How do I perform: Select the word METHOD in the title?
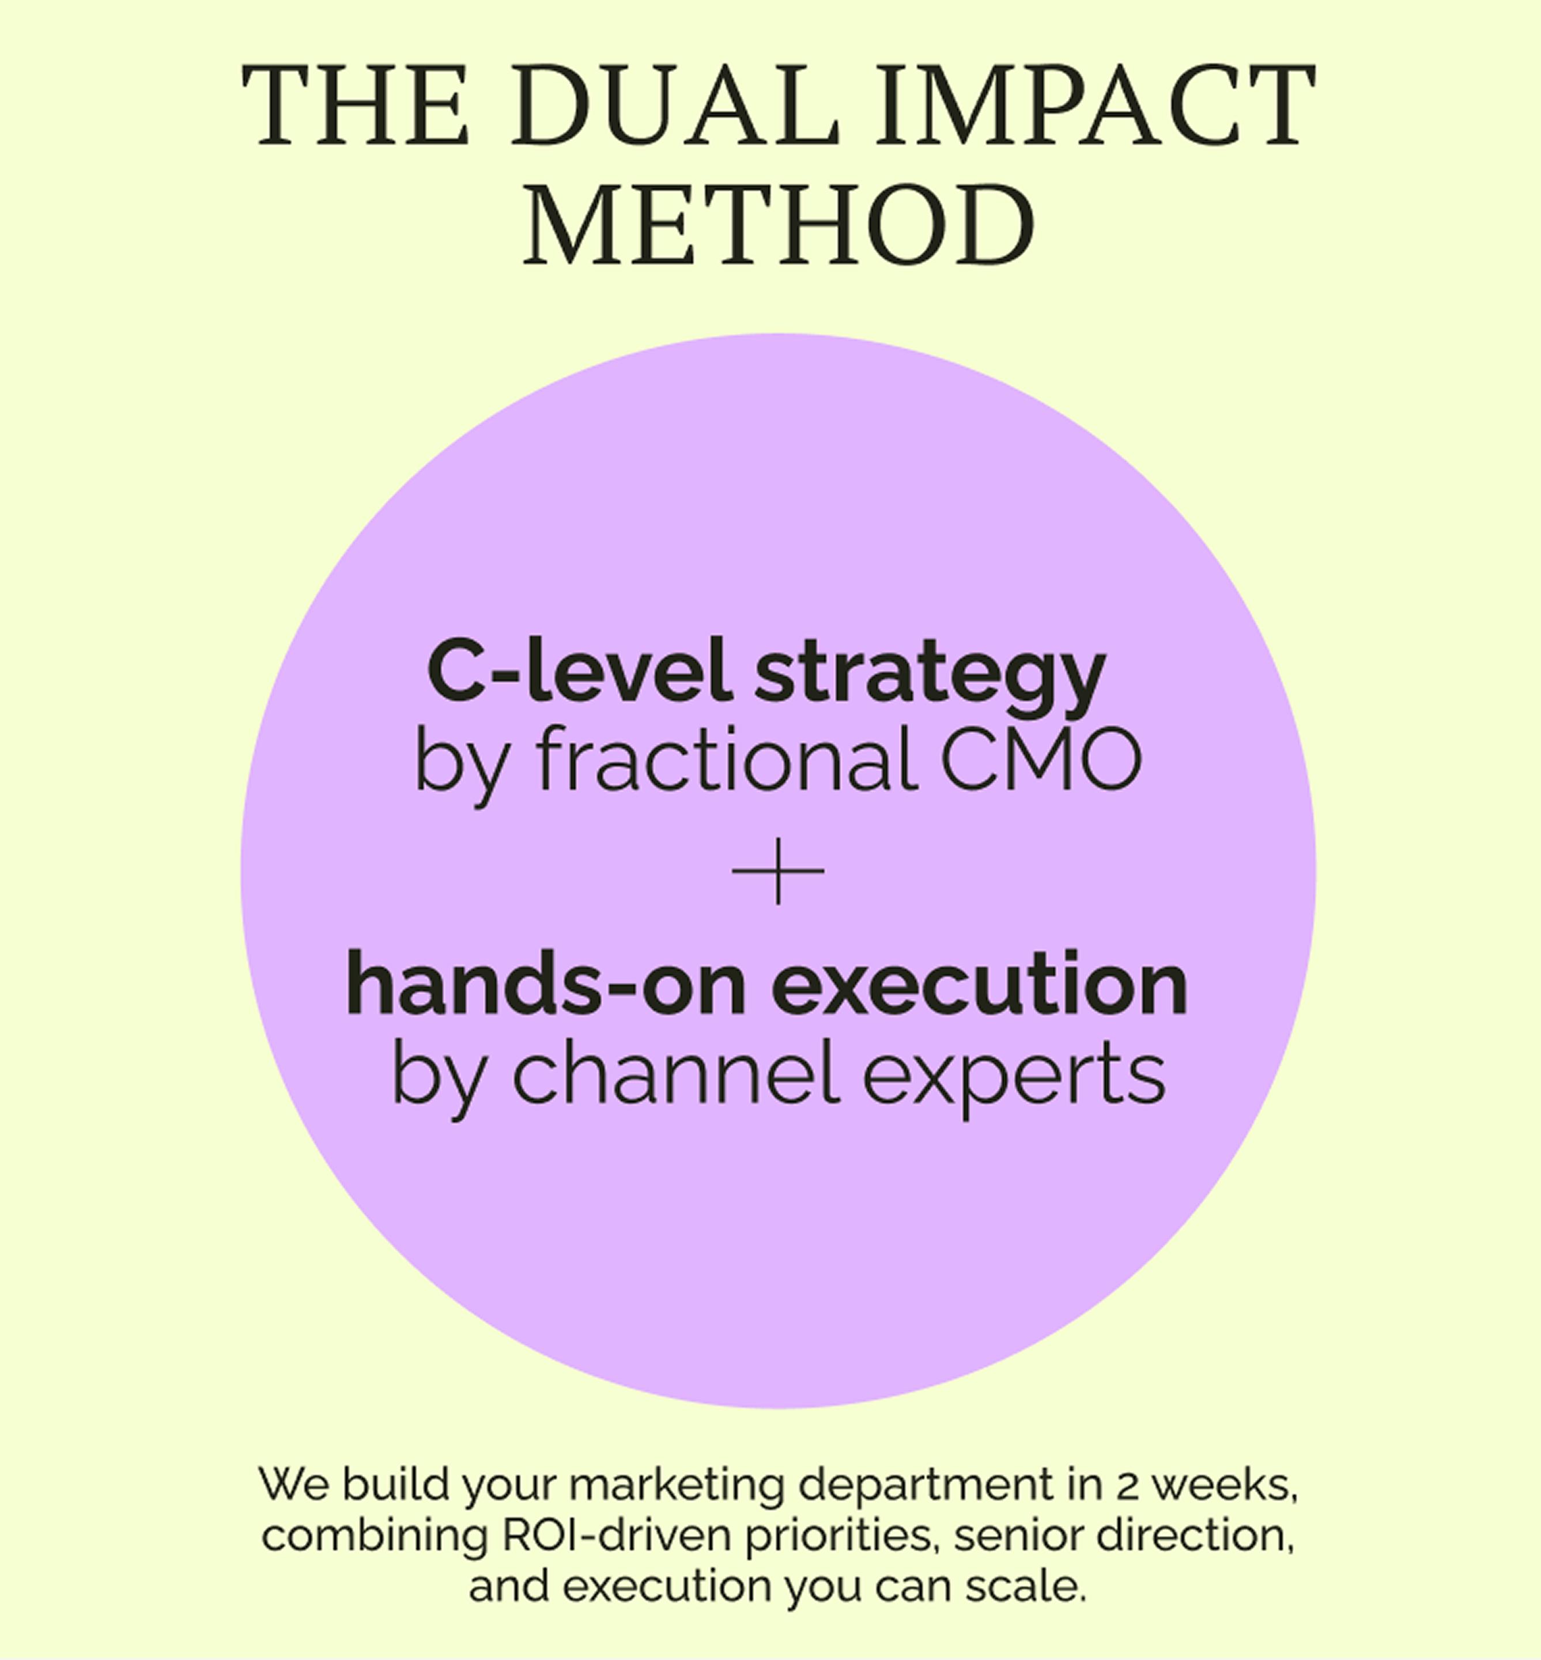778,225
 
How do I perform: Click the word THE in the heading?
356,106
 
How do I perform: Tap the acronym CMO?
1041,759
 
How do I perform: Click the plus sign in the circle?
778,871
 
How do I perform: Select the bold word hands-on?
546,985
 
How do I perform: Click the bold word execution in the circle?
979,985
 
